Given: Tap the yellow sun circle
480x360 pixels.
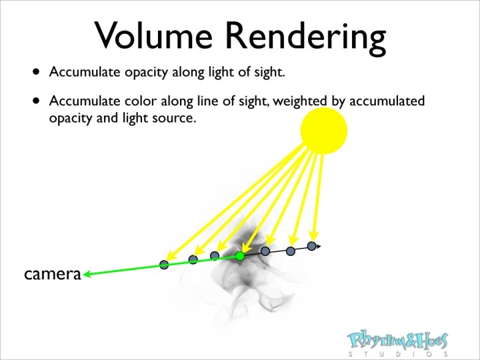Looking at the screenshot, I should coord(324,129).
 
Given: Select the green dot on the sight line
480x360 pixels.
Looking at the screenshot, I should coord(240,256).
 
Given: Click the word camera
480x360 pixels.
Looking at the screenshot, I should coord(52,273).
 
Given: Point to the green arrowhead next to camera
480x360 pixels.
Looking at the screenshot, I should coord(87,273).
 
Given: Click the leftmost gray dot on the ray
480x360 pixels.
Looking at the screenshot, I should coord(164,265).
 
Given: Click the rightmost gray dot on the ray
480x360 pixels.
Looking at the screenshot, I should coord(311,246).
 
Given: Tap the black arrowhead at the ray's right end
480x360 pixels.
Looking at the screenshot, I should coord(318,247).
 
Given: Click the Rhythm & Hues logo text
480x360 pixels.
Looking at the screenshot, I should coord(398,341).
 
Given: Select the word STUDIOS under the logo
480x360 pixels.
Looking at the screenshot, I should coord(398,354).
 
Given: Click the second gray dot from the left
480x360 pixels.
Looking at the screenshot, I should coord(193,259).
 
